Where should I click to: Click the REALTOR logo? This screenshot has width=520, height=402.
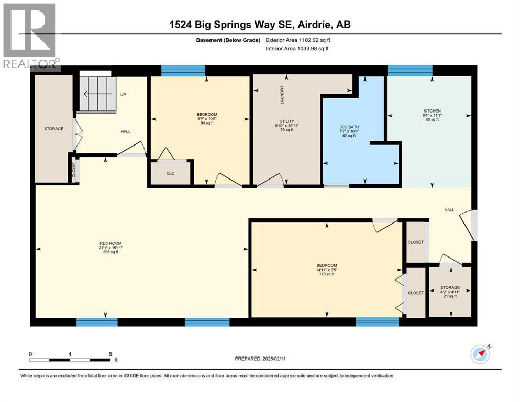[x=30, y=36]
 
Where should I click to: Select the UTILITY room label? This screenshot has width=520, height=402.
[x=285, y=126]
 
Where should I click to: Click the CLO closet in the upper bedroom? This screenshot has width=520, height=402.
[x=170, y=173]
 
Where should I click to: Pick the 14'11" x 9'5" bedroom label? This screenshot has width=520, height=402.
[x=327, y=270]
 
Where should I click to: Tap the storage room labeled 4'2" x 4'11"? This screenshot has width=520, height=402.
[x=450, y=292]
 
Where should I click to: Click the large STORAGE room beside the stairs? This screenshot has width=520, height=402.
[x=53, y=129]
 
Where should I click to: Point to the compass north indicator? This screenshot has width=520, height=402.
[x=480, y=354]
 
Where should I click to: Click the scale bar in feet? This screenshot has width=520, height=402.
[x=70, y=359]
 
